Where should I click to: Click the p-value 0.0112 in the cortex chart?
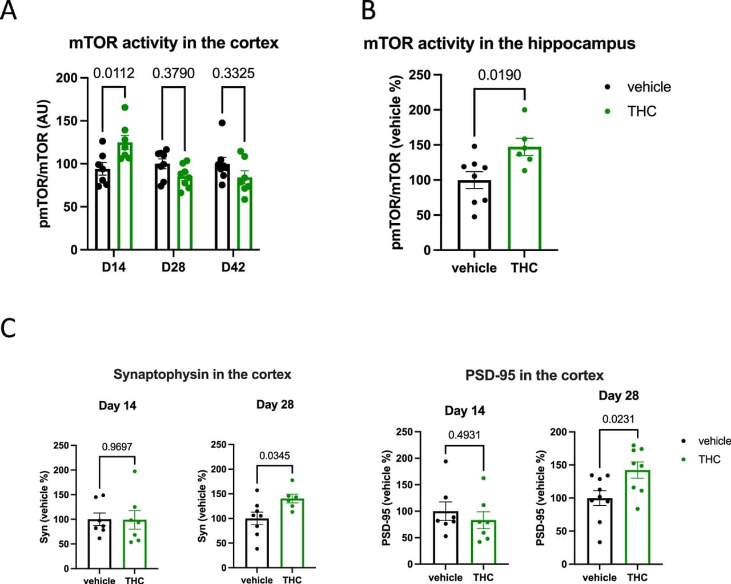(114, 74)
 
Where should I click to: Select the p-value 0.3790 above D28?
(173, 74)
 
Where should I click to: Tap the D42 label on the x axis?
(233, 267)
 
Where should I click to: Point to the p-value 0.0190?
(499, 75)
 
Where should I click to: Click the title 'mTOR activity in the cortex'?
(174, 43)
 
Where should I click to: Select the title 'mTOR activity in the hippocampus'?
(499, 43)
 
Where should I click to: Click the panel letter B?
(369, 11)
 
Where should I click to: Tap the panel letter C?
(8, 328)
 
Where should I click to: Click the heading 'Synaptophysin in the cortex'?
(202, 374)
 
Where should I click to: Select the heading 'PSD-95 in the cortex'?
(534, 375)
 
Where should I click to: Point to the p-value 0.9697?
(117, 447)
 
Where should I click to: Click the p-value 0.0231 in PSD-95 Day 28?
(618, 419)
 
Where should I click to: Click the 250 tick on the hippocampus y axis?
(419, 75)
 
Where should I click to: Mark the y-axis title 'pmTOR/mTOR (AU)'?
(45, 164)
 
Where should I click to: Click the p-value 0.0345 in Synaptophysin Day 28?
(275, 456)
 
